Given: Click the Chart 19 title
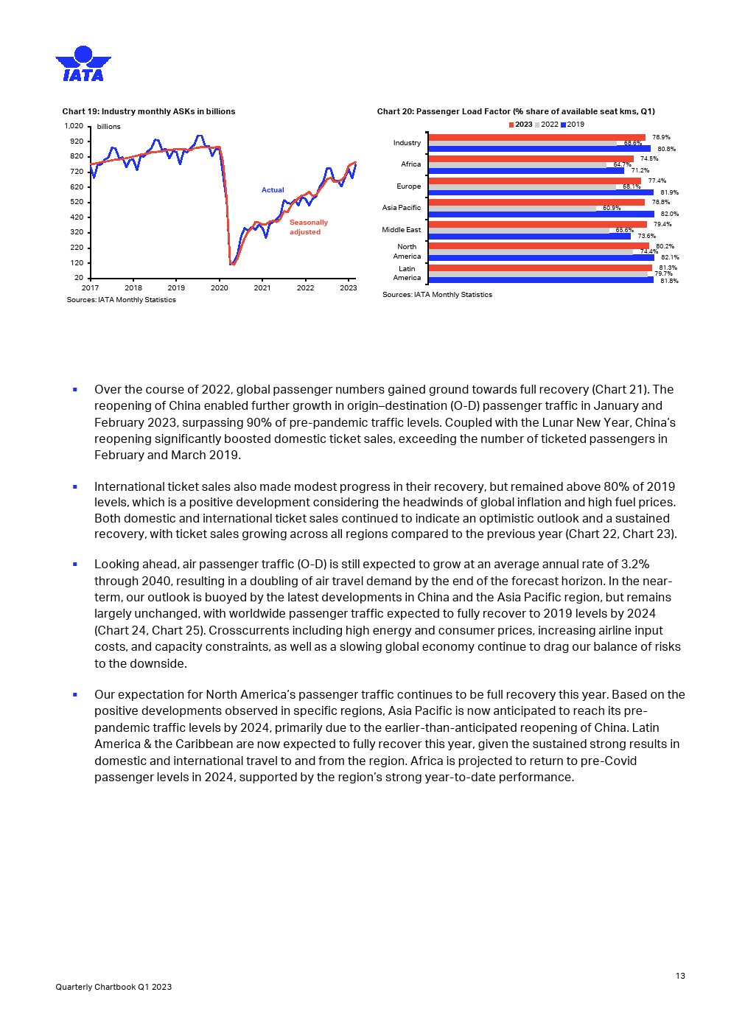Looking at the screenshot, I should click(x=148, y=111).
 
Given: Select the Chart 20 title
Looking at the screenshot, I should click(x=515, y=111).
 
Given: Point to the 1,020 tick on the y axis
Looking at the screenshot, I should click(x=74, y=126).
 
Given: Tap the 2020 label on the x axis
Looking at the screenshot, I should click(x=219, y=287).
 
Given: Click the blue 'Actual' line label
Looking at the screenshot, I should click(x=273, y=189).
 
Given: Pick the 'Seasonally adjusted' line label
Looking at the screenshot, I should click(x=308, y=227).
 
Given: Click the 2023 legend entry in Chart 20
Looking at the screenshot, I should click(x=520, y=124).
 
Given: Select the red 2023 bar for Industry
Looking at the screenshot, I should click(x=536, y=137).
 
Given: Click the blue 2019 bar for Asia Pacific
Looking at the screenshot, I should click(x=541, y=214).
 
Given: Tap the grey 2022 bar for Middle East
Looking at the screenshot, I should click(x=519, y=230).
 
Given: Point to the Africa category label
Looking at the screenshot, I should click(x=410, y=164).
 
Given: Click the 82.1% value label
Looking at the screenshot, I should click(x=669, y=257).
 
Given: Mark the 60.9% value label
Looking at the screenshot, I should click(x=611, y=208).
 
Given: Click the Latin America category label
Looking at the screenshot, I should click(x=407, y=273).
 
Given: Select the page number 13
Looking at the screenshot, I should click(x=679, y=976).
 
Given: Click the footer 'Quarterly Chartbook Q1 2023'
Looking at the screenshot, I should click(x=113, y=987).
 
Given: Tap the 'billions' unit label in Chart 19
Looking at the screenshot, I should click(x=108, y=127).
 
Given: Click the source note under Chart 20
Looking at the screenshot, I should click(x=437, y=295).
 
